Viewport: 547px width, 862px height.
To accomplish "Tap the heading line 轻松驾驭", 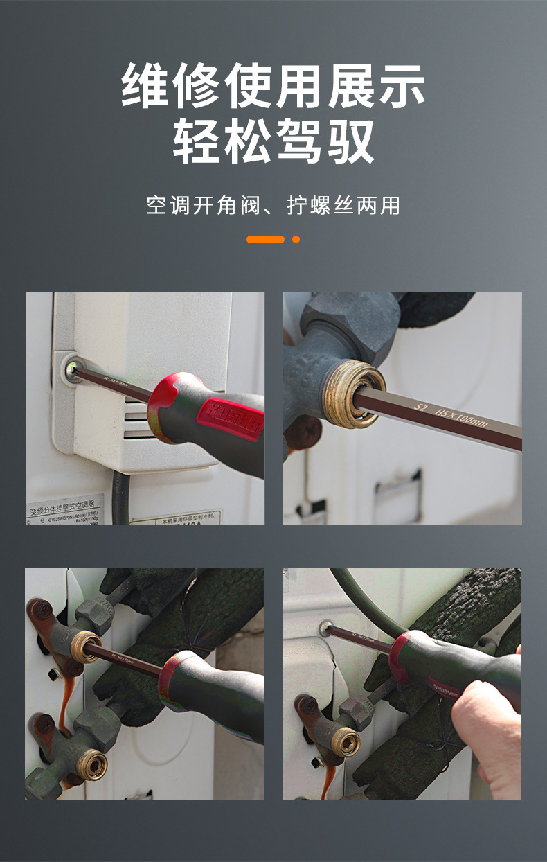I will point(273,141).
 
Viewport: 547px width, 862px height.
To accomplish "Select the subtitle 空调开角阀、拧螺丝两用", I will point(273,206).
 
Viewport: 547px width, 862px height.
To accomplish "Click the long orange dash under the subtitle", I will point(265,239).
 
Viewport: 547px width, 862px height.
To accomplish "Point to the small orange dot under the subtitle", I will point(296,239).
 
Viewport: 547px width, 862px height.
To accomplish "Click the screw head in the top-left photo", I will point(72,370).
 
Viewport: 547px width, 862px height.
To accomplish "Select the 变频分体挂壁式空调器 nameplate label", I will point(66,509).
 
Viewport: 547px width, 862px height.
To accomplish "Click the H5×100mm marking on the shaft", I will point(461,418).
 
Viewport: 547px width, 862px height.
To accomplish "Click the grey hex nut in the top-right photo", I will point(350,319).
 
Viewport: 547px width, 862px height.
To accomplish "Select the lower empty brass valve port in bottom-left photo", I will point(91,765).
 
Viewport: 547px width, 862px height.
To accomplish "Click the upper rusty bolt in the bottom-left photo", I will point(41,610).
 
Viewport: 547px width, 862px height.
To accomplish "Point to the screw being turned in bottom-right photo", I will point(325,629).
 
